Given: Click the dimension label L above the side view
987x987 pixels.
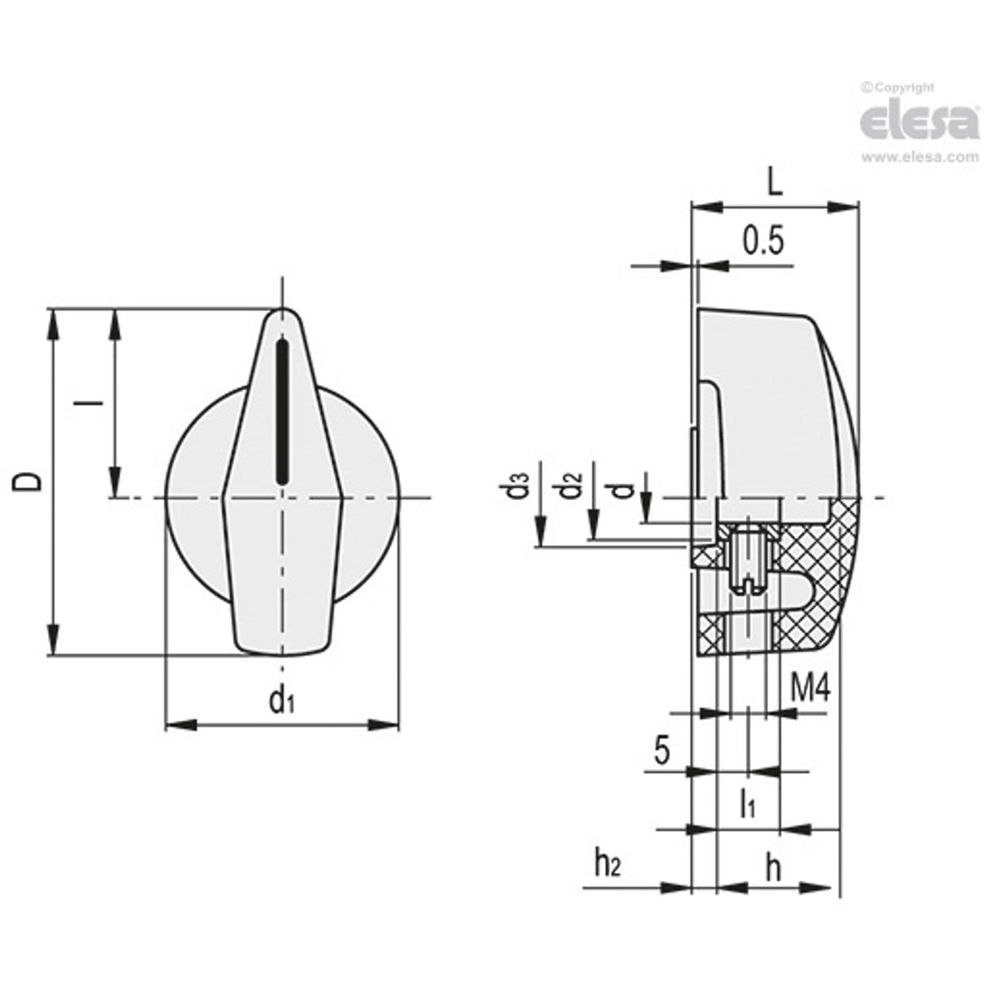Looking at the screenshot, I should point(774,183).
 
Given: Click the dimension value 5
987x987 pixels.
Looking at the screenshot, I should point(662,750).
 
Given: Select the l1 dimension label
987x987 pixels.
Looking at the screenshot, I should point(748,804).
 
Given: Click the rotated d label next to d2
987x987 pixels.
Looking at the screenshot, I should point(622,489).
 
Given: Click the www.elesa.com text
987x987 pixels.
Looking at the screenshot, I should point(920,158).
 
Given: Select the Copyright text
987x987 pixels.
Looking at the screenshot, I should point(898,87).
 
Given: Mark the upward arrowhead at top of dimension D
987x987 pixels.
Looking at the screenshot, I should point(54,321).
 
